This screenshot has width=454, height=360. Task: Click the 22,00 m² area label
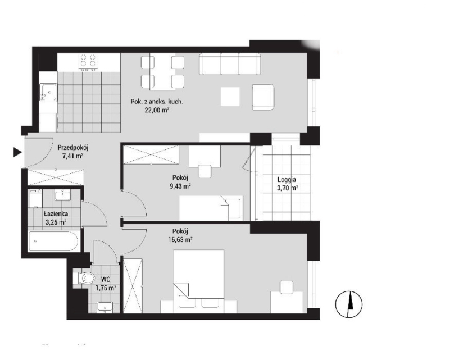pyautogui.click(x=157, y=111)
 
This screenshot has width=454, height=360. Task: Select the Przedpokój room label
pyautogui.click(x=73, y=148)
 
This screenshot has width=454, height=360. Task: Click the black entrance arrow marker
pyautogui.click(x=17, y=152)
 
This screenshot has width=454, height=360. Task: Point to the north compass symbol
pyautogui.click(x=348, y=304)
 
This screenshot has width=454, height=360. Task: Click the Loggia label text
pyautogui.click(x=287, y=181)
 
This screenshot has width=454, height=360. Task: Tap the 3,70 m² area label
pyautogui.click(x=287, y=189)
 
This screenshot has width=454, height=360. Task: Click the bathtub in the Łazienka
pyautogui.click(x=53, y=243)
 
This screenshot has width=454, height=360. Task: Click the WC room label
pyautogui.click(x=105, y=279)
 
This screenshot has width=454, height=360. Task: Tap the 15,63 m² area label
pyautogui.click(x=180, y=240)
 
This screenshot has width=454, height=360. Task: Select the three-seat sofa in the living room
pyautogui.click(x=230, y=64)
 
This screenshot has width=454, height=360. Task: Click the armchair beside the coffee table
pyautogui.click(x=264, y=96)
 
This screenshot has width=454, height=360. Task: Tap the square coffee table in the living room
pyautogui.click(x=230, y=96)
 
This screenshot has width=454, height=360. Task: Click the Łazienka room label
pyautogui.click(x=56, y=213)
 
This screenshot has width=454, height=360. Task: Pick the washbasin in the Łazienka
pyautogui.click(x=63, y=195)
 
